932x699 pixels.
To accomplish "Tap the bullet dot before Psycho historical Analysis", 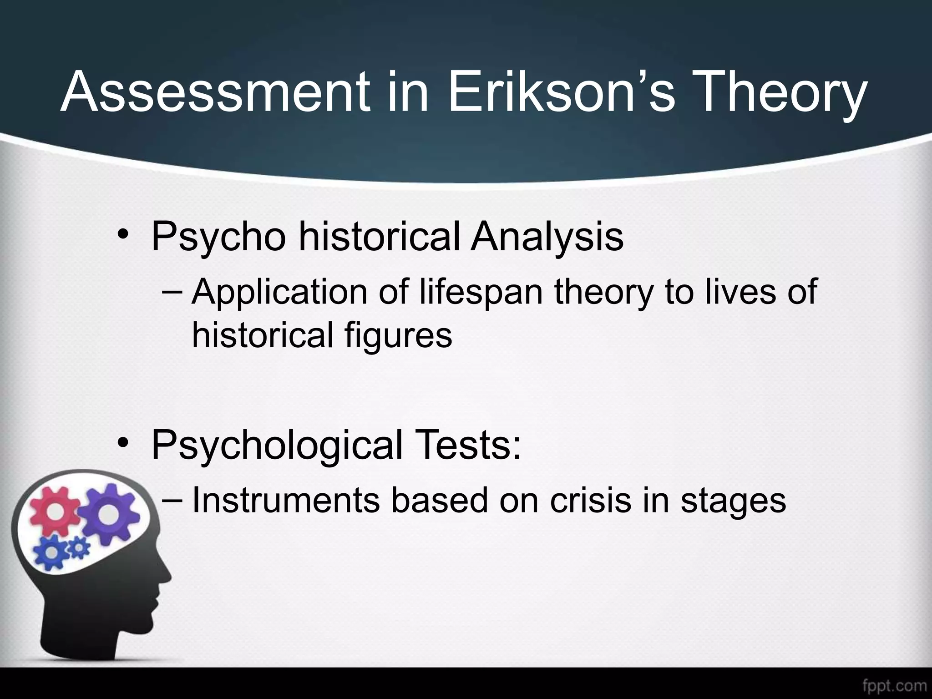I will (122, 237).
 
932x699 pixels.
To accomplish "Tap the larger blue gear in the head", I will (53, 552).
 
